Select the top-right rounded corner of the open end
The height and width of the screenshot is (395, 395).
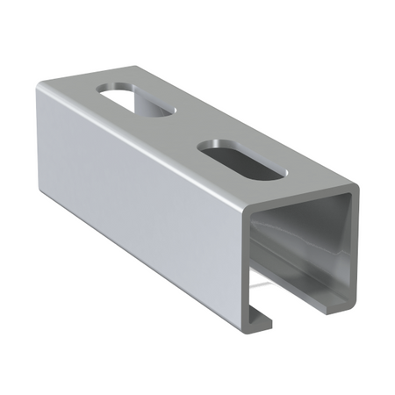(x=355, y=190)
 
